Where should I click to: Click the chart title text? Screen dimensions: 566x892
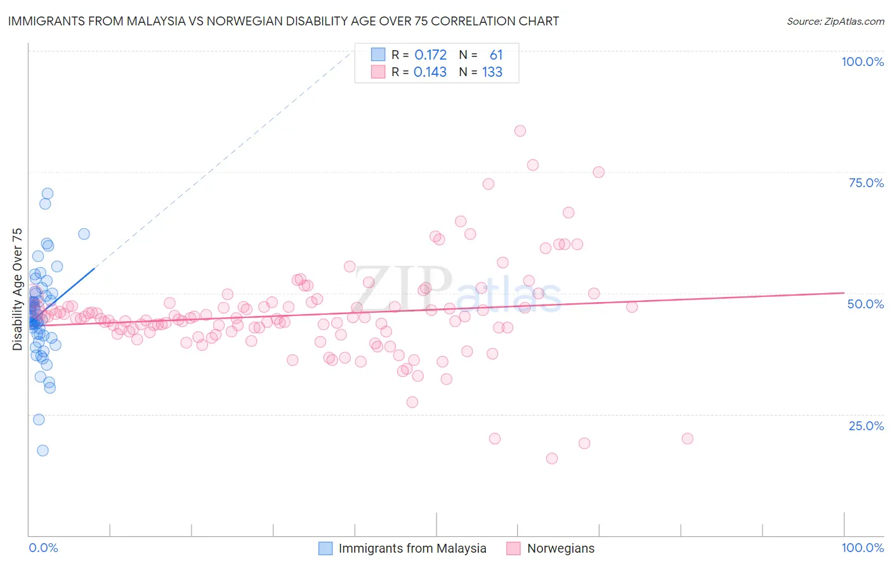pos(283,21)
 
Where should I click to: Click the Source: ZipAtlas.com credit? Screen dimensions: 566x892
pos(835,21)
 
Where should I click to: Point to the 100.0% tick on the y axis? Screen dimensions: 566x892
pos(862,62)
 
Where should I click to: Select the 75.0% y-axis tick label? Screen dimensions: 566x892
pos(866,183)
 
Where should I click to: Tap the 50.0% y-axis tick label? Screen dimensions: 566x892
pos(865,304)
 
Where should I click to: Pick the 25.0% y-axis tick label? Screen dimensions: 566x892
pos(866,425)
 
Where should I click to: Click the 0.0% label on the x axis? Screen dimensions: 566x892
pos(43,548)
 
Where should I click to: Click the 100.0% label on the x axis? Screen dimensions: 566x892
pos(862,548)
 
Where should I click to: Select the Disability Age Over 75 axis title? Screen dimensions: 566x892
pos(17,289)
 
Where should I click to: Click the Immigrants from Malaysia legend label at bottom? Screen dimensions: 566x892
pos(412,548)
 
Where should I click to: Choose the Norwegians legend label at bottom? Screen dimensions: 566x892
pos(561,548)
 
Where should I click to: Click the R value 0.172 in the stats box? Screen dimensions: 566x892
pos(430,55)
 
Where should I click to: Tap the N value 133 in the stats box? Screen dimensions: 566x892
pos(492,72)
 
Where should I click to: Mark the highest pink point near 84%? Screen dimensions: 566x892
pos(520,131)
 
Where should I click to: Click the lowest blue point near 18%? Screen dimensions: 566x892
pos(43,451)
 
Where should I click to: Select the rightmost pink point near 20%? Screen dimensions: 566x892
pos(687,438)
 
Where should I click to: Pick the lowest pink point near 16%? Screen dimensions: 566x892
pos(552,458)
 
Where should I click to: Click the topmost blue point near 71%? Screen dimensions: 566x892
pos(48,194)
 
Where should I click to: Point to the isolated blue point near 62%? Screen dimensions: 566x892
pos(84,234)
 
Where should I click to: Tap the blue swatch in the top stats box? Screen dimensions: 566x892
pos(378,55)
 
